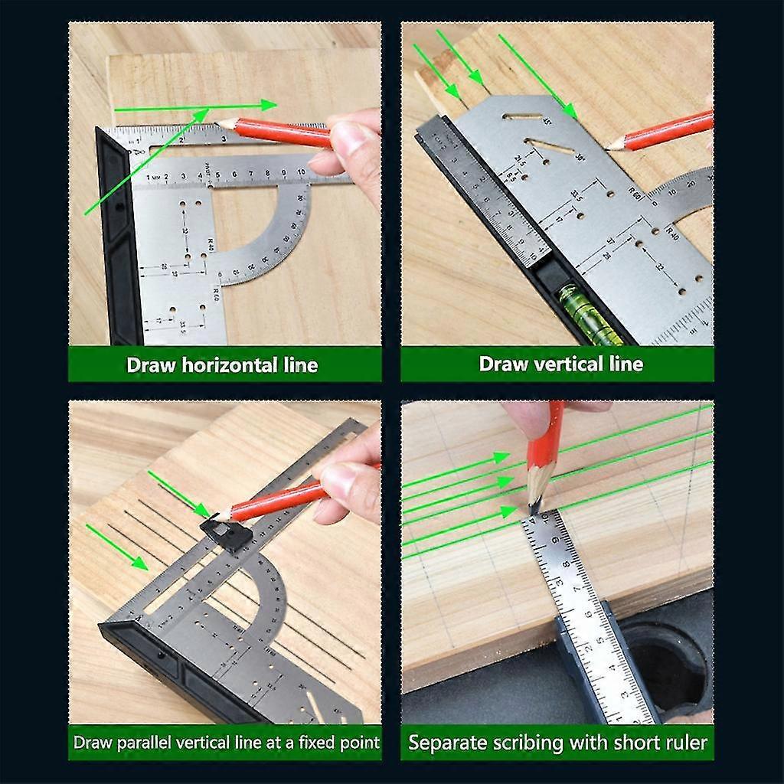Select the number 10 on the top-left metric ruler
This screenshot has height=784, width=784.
(x=302, y=173)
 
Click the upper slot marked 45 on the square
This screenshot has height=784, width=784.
(x=522, y=116)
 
